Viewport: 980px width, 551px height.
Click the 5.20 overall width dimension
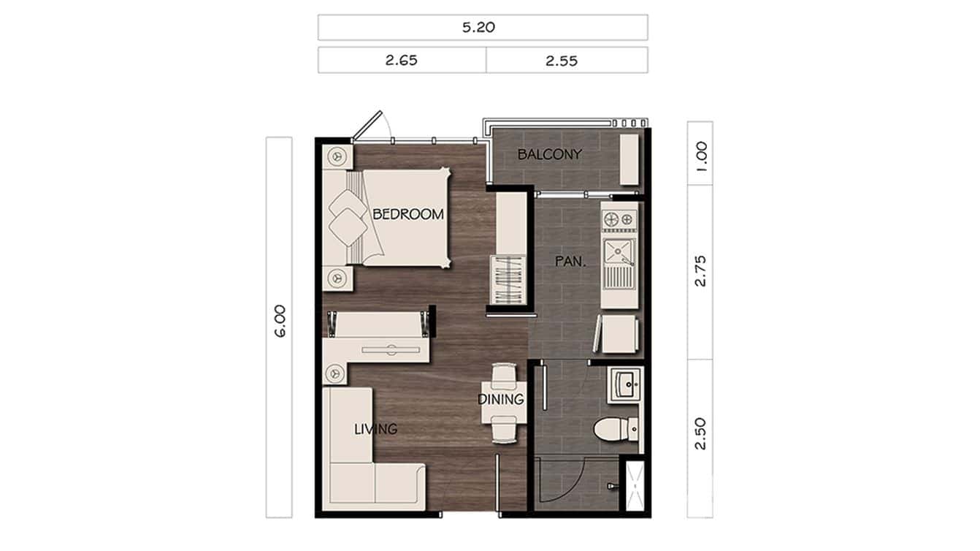click(483, 28)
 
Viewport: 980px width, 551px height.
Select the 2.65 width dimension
click(402, 61)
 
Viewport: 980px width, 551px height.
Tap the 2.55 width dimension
click(562, 61)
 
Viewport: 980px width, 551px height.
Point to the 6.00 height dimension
click(280, 322)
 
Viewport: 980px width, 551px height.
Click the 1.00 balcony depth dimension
click(701, 156)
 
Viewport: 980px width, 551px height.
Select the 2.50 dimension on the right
click(701, 434)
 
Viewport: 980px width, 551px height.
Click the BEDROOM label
click(408, 214)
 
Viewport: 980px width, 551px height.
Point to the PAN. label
click(567, 261)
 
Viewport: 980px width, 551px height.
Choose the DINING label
click(501, 400)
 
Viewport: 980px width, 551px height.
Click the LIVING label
click(376, 429)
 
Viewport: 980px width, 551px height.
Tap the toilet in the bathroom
click(610, 430)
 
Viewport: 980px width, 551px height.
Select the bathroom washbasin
click(624, 384)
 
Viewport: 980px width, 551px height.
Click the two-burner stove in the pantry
click(619, 218)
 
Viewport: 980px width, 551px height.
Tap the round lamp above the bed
click(337, 156)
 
